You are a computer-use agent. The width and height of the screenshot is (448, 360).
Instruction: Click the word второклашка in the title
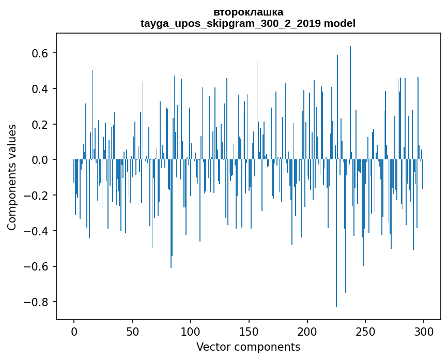coord(248,12)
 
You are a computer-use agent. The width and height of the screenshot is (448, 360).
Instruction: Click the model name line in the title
coord(248,23)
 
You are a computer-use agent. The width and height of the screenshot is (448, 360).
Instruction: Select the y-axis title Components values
coord(12,177)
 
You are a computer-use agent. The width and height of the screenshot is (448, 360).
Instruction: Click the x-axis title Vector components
coord(248,347)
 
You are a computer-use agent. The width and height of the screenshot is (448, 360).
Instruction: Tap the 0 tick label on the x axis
coord(74,331)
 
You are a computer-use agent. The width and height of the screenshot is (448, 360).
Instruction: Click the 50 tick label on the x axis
coord(132,331)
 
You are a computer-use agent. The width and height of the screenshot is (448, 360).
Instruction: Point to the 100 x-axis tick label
coord(191,331)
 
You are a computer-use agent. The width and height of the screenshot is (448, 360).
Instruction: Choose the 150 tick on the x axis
coord(249,331)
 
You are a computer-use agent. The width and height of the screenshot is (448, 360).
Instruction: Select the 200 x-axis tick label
coord(307,331)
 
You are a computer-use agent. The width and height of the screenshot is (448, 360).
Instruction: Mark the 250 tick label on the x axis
coord(365,331)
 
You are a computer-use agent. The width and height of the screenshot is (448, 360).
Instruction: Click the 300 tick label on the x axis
coord(424,331)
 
